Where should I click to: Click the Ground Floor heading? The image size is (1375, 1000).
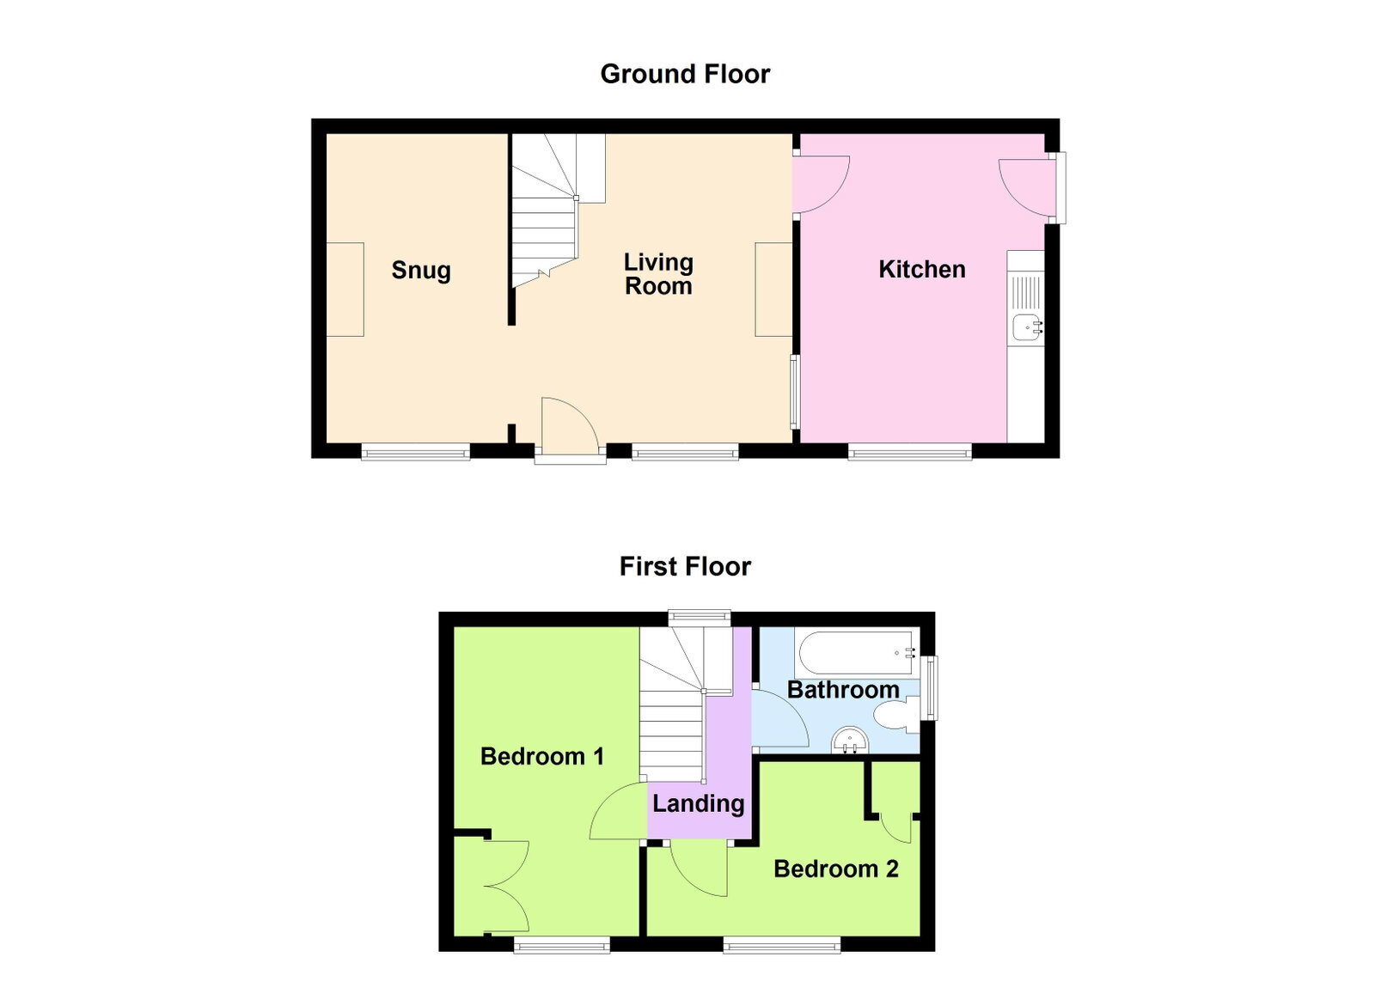tap(685, 74)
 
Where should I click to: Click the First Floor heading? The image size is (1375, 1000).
tap(685, 566)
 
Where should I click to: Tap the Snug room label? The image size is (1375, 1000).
tap(421, 271)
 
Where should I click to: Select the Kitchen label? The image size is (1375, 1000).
tap(922, 269)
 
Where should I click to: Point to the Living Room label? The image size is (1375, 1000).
tap(658, 273)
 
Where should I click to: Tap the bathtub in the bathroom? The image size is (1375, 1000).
tap(857, 652)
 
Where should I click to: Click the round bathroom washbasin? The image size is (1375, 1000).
tap(850, 741)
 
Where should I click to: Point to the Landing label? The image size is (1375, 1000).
tap(699, 803)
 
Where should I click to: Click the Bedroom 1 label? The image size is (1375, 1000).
tap(542, 756)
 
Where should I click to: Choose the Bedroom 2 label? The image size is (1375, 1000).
tap(836, 869)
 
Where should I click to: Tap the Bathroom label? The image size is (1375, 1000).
tap(843, 690)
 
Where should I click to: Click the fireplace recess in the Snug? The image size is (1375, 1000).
tap(345, 290)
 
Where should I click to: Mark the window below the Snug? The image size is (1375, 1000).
tap(416, 454)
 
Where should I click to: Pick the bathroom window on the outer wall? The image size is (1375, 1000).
tap(932, 688)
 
